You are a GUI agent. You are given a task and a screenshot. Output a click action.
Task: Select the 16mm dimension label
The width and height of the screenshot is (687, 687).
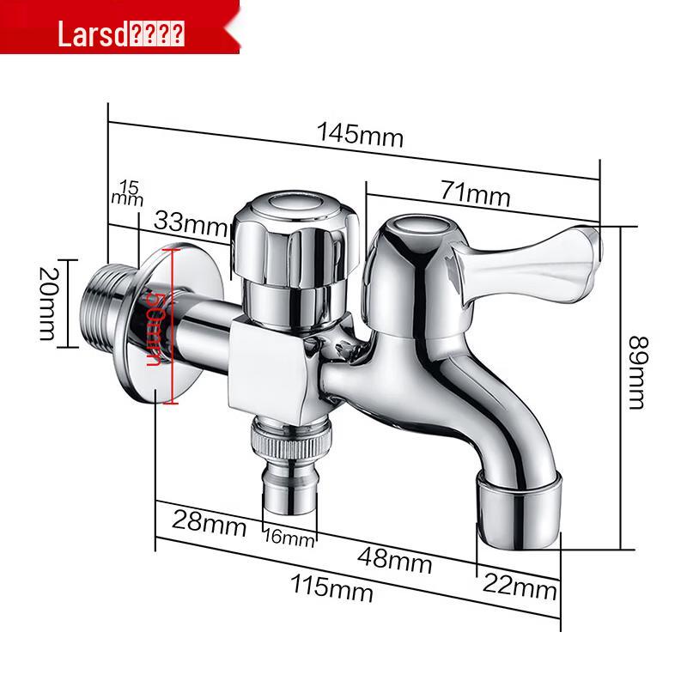coord(289,538)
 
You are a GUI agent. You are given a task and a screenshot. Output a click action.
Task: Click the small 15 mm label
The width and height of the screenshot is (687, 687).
coord(127,192)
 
